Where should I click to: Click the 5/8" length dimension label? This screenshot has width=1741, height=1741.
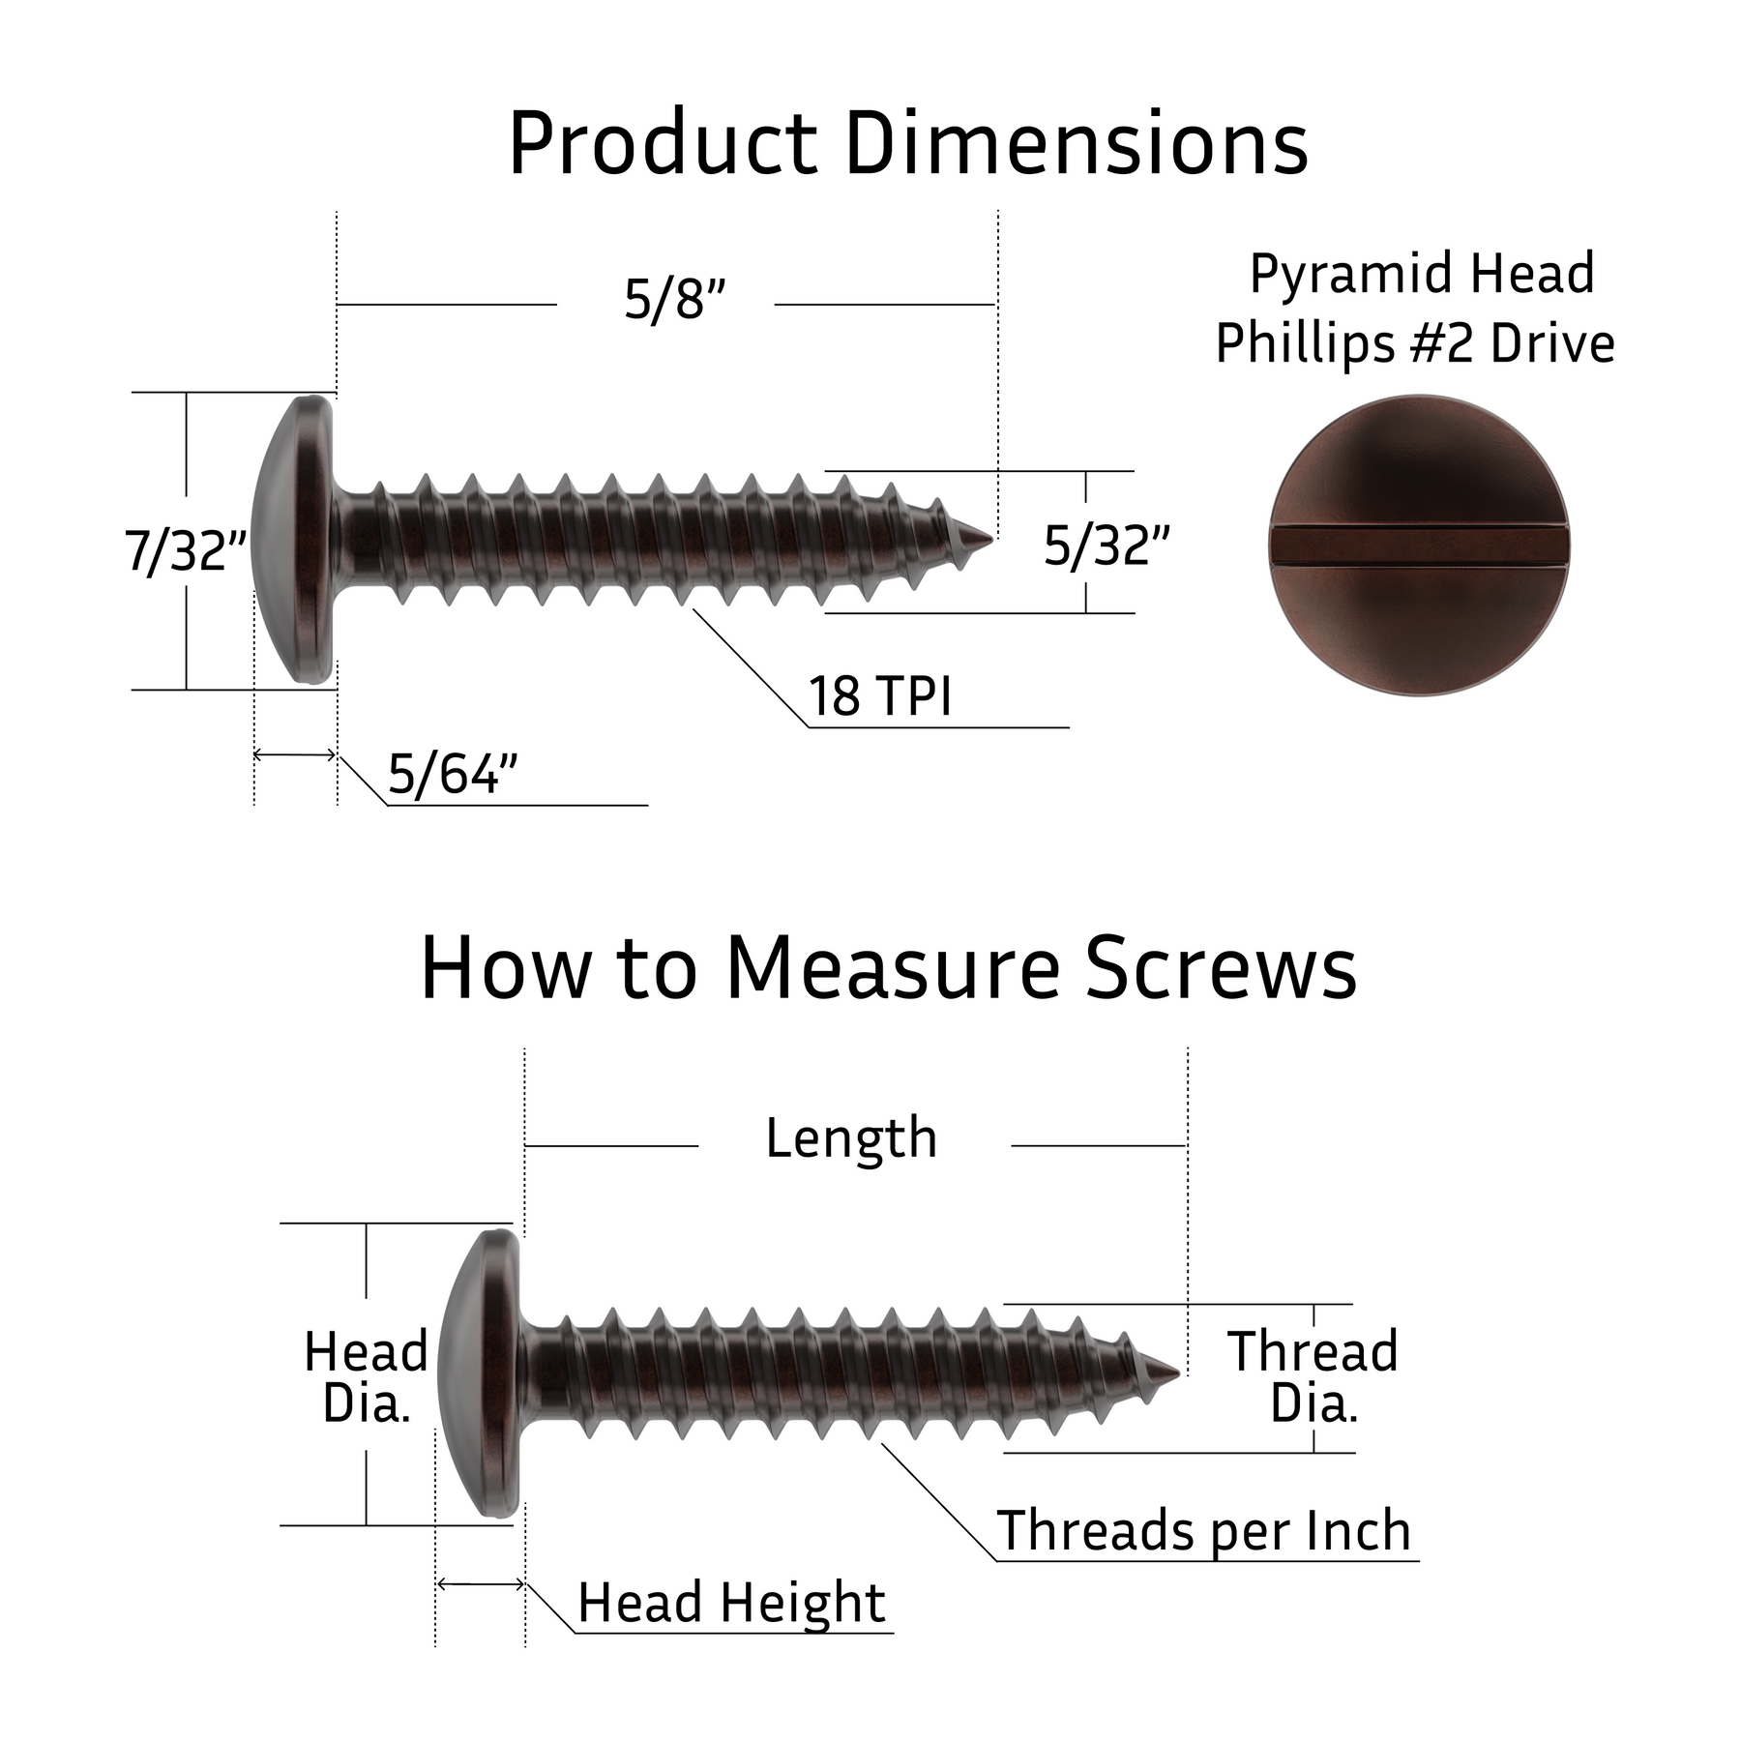674,300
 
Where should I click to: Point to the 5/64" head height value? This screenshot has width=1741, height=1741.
453,774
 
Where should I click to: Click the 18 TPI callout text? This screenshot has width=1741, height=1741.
880,696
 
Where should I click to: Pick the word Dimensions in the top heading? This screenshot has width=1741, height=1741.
1077,145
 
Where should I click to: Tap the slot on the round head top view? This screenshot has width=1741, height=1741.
1418,545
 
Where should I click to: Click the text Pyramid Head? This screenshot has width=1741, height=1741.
1422,274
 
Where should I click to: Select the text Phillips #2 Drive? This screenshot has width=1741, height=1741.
1415,343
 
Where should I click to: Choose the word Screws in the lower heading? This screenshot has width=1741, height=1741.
1221,969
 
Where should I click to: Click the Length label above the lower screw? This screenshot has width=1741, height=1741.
851,1138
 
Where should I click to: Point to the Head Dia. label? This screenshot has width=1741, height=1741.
366,1377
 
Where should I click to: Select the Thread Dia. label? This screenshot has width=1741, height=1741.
1313,1377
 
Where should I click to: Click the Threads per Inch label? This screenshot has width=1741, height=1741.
1203,1531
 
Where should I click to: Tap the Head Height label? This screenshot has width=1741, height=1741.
731,1603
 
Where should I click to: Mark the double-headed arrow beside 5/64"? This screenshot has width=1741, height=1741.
294,754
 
